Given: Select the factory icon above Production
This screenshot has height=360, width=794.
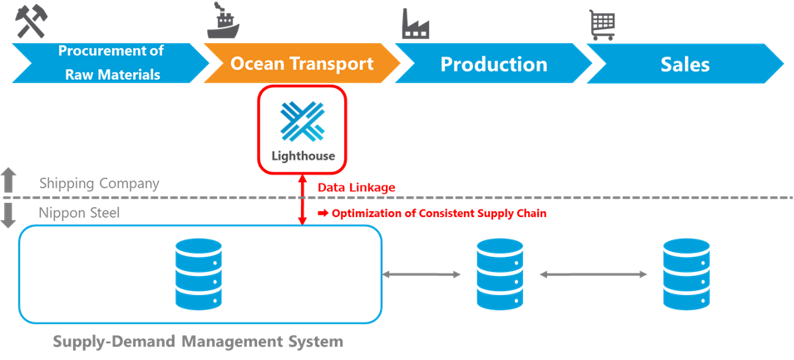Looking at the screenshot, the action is [415, 24].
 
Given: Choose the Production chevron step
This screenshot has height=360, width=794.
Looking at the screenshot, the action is [493, 64].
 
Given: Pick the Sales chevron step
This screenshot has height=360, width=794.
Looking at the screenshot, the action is [684, 64].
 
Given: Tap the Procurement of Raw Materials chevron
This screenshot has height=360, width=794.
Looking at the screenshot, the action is [111, 64].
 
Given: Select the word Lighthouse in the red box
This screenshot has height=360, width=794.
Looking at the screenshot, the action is [303, 155].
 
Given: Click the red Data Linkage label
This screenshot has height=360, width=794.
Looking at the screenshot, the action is [356, 188].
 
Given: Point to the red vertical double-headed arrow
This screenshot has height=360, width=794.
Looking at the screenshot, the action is [303, 200].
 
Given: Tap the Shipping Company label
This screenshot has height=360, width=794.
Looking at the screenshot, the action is [99, 183].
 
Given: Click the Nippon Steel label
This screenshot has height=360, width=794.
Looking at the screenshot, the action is [80, 213].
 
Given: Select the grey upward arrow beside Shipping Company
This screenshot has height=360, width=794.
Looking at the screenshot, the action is [9, 180].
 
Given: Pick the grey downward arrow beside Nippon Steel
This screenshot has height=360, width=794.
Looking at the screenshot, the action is [9, 215].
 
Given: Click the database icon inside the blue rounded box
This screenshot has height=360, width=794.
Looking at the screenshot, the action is [198, 274].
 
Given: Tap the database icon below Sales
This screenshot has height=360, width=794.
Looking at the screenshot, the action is [687, 274].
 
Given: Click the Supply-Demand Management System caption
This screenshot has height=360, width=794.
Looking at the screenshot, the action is [198, 341].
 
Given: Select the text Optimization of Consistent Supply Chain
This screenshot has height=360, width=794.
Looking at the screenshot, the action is [439, 213].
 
